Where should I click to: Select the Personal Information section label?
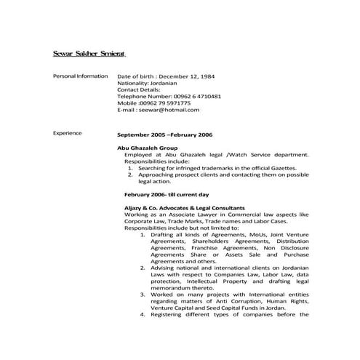coord(80,76)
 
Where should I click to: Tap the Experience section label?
coord(68,134)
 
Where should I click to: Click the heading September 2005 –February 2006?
coord(164,135)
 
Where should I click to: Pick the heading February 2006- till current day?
coord(167,195)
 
